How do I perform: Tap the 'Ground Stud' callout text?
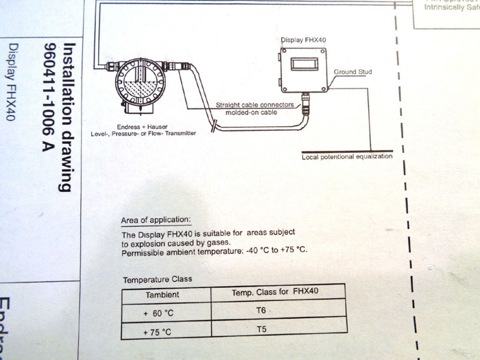tap(352, 71)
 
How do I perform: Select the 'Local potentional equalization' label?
tap(347, 157)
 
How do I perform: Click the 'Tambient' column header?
tap(163, 294)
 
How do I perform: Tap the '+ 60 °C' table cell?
tap(159, 313)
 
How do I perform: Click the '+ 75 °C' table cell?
tap(159, 333)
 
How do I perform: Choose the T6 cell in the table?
tap(261, 311)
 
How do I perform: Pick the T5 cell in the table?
tap(261, 331)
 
